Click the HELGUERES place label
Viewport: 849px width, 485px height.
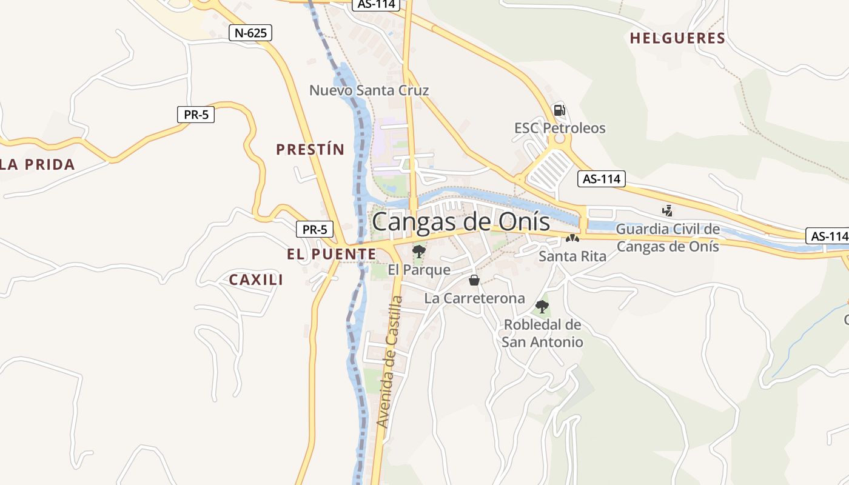[x=677, y=38]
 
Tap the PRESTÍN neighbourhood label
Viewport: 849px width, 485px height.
[x=310, y=149]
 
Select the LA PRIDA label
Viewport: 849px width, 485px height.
[x=38, y=164]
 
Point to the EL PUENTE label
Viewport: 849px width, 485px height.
[x=332, y=254]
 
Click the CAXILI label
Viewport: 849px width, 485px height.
[x=256, y=279]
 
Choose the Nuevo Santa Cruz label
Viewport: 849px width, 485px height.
[x=369, y=90]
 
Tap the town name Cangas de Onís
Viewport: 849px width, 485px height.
[x=461, y=222]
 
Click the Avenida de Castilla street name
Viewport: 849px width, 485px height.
[x=389, y=361]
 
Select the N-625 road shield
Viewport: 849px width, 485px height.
[x=250, y=33]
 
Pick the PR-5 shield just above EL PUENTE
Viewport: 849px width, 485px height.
[x=315, y=229]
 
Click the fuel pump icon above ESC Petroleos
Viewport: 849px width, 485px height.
[x=559, y=110]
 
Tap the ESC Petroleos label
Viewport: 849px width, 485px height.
[x=560, y=128]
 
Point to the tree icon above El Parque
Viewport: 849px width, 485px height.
[x=418, y=251]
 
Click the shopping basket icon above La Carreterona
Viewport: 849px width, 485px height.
[x=474, y=280]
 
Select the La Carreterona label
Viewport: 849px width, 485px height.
[x=474, y=298]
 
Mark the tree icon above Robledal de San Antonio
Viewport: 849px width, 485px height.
[x=542, y=307]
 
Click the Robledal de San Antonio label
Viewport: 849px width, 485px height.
[x=542, y=333]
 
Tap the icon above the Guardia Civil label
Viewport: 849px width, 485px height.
[x=668, y=211]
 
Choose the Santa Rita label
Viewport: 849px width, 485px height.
[x=572, y=256]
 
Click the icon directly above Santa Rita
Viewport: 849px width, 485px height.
[x=572, y=238]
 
